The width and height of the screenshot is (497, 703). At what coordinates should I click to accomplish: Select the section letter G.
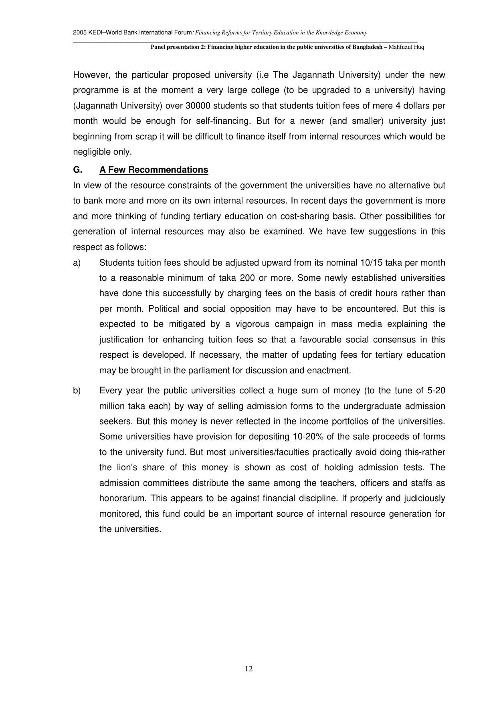pyautogui.click(x=77, y=170)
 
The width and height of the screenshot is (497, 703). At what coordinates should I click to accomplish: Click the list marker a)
pyautogui.click(x=77, y=263)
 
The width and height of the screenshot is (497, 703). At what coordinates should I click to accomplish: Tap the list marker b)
pyautogui.click(x=77, y=391)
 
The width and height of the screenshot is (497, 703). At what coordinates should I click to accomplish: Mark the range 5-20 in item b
pyautogui.click(x=435, y=391)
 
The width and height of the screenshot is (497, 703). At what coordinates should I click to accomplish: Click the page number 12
pyautogui.click(x=249, y=669)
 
